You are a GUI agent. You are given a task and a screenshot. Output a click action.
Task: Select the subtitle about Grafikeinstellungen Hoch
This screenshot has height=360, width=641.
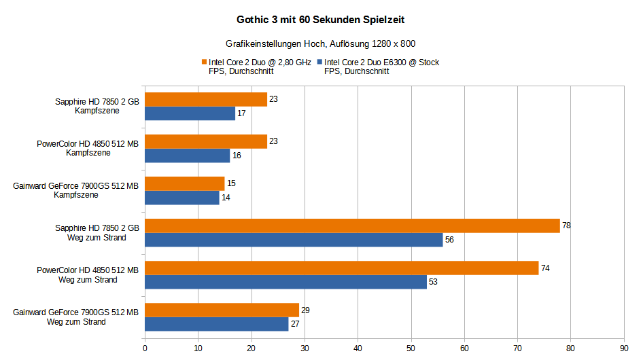pyautogui.click(x=320, y=43)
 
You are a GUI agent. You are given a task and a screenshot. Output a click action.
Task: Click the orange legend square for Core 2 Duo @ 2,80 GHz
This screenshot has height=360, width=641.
pyautogui.click(x=203, y=62)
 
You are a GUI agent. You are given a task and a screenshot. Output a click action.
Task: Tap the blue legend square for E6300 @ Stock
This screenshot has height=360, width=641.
pyautogui.click(x=319, y=62)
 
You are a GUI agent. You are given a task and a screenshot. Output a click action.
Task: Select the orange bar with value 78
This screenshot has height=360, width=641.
pyautogui.click(x=352, y=226)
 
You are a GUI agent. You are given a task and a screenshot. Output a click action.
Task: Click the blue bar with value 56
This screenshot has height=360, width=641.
pyautogui.click(x=294, y=240)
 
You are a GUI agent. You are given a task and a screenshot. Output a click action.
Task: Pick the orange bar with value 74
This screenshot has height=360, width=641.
pyautogui.click(x=341, y=268)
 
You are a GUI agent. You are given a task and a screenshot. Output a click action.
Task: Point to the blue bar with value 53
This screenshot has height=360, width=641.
pyautogui.click(x=285, y=282)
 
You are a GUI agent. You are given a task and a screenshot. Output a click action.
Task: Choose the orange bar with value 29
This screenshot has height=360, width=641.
pyautogui.click(x=222, y=310)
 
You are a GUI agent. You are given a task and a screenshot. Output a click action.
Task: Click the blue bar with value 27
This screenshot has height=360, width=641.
pyautogui.click(x=217, y=324)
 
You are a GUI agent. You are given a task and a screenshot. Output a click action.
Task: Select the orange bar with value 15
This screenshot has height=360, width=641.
pyautogui.click(x=184, y=183)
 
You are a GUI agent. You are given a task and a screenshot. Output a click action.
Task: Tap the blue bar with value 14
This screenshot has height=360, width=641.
pyautogui.click(x=181, y=198)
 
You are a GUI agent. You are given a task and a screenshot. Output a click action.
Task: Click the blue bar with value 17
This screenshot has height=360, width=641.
pyautogui.click(x=190, y=113)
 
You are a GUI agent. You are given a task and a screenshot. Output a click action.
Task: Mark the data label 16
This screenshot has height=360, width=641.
pyautogui.click(x=237, y=156)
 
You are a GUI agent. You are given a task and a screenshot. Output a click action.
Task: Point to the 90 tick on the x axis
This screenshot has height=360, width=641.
pyautogui.click(x=623, y=348)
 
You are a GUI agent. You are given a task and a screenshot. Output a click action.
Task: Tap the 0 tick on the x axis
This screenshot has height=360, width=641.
pyautogui.click(x=145, y=348)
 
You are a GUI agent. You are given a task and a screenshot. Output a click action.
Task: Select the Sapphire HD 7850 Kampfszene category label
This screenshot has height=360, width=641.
pyautogui.click(x=97, y=107)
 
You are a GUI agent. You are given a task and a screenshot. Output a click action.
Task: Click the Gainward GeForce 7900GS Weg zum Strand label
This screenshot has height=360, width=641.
pyautogui.click(x=75, y=317)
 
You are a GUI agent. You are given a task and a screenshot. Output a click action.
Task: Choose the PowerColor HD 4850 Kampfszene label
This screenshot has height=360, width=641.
pyautogui.click(x=88, y=149)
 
